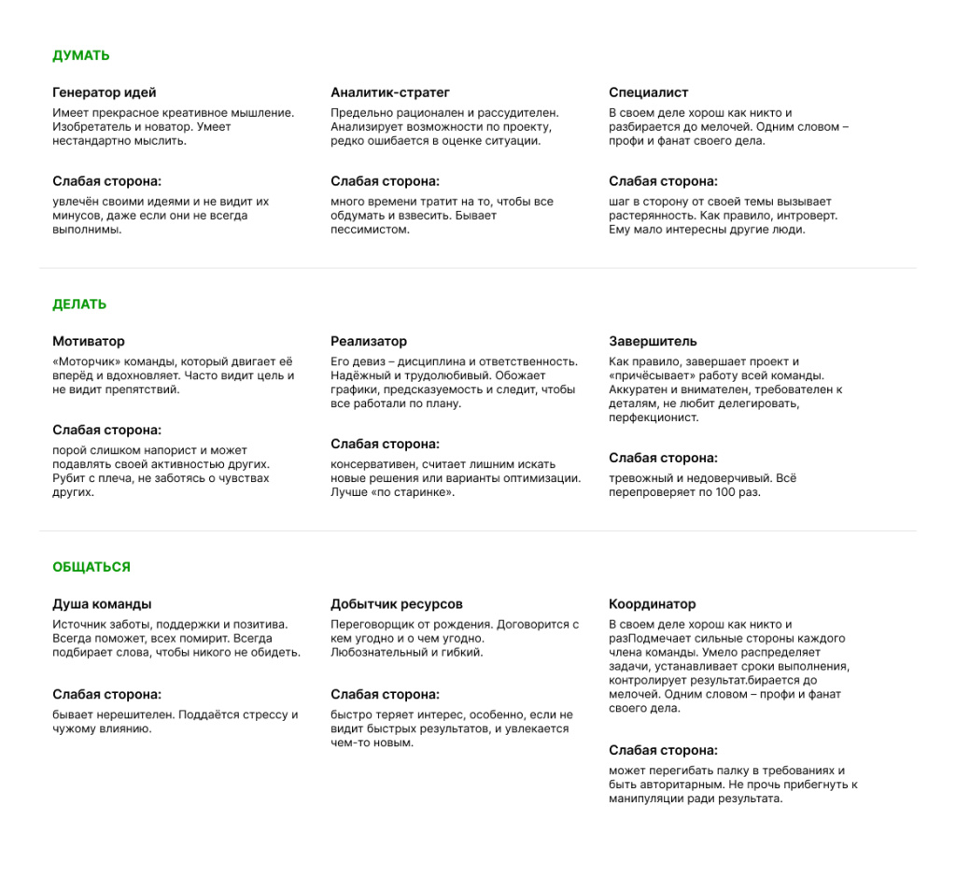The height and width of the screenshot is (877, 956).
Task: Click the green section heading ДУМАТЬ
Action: [81, 55]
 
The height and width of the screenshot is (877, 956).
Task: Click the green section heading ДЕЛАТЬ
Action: [79, 304]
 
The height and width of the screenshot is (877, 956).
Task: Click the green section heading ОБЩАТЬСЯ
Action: [91, 567]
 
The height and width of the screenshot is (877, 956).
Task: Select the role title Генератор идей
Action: [105, 92]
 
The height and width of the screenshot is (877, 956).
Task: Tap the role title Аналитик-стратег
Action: [390, 92]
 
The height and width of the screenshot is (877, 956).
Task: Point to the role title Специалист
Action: [649, 92]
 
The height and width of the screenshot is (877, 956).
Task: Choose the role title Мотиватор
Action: [89, 341]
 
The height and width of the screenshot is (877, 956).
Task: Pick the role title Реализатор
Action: [369, 341]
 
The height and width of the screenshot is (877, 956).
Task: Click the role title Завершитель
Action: [653, 341]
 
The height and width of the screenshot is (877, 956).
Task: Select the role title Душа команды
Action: [102, 604]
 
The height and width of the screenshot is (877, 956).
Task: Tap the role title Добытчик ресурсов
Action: [397, 604]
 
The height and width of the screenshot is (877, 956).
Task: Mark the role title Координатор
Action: [652, 604]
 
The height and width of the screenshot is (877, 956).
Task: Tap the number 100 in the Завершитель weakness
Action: [724, 492]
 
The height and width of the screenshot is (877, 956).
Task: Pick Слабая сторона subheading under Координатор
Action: [663, 750]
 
